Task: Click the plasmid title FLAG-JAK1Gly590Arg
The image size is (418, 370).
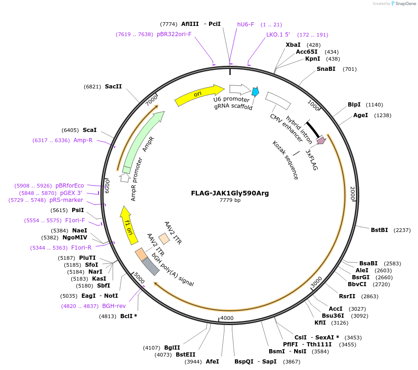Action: [x=230, y=193]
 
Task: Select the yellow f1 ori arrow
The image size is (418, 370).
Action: [x=129, y=225]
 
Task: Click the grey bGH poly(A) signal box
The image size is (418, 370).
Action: [x=150, y=266]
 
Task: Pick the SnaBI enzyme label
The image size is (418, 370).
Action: [x=326, y=69]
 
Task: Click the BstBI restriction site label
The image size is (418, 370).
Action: [x=379, y=230]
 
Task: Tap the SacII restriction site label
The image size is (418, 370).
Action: [x=113, y=86]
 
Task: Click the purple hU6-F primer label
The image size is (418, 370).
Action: [x=246, y=24]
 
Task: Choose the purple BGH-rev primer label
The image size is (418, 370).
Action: [x=114, y=306]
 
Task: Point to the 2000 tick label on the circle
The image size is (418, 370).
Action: [x=352, y=194]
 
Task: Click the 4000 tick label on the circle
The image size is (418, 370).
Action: [x=227, y=318]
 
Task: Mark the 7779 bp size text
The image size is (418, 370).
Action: [x=230, y=201]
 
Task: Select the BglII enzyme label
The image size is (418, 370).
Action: [x=172, y=347]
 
